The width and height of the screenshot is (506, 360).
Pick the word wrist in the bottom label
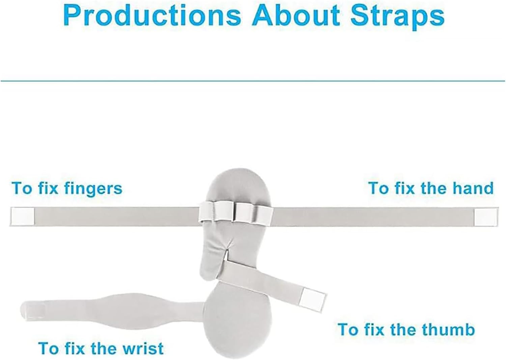[x=144, y=348]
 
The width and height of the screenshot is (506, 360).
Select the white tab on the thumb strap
[x=313, y=296]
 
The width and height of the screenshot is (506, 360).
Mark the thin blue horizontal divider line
[x=253, y=81]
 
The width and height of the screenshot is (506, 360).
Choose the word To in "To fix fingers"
[x=22, y=188]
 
